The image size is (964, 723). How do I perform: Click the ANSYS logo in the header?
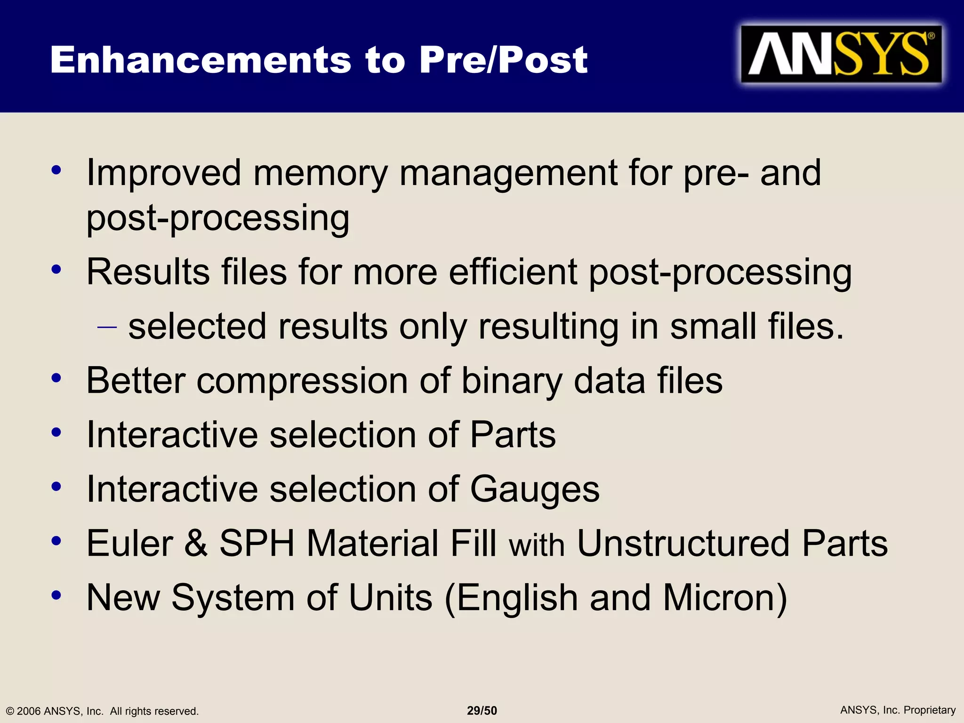841,54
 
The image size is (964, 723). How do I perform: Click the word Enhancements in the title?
201,60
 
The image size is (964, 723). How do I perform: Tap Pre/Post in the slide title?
503,60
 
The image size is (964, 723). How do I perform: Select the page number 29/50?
482,710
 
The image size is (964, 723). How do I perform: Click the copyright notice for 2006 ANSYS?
102,711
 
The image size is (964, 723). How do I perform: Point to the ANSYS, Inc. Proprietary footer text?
898,710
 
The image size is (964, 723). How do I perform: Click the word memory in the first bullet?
321,173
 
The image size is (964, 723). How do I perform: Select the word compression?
302,381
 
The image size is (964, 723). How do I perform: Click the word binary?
512,382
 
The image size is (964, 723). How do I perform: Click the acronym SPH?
257,543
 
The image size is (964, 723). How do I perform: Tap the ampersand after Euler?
196,543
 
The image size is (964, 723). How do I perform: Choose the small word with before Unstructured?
537,545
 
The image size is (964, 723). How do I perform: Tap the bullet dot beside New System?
56,595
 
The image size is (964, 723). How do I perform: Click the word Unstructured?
683,543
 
